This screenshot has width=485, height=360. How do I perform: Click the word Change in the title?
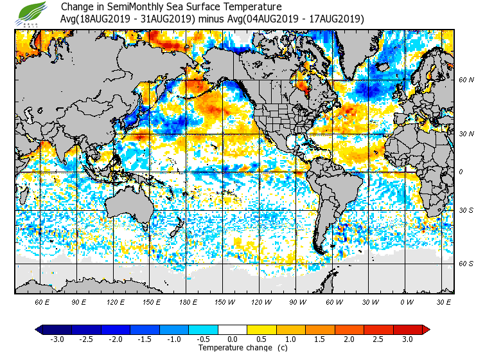coord(76,7)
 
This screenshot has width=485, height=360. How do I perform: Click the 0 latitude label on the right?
coord(461,172)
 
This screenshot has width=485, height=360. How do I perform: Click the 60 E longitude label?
coord(42,301)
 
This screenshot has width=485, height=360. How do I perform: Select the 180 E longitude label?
coord(188,301)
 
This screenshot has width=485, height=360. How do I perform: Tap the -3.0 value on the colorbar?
coord(57,339)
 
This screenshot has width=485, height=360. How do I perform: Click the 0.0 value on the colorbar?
coord(233,339)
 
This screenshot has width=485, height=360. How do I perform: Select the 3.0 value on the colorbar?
coord(407,339)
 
